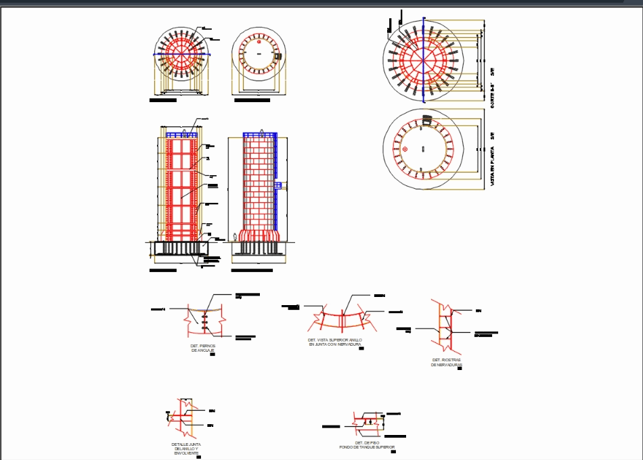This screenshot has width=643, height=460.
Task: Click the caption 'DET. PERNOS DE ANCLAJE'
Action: click(x=203, y=348)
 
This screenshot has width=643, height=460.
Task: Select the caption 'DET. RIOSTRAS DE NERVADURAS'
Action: click(x=446, y=362)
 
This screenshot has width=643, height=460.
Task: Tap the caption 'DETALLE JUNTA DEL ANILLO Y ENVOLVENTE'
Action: click(x=186, y=448)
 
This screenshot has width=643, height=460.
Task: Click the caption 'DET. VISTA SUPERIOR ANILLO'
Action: click(x=335, y=340)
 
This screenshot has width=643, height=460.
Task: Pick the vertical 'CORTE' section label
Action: click(x=493, y=95)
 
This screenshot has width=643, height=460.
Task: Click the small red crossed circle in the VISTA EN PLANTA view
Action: click(x=405, y=149)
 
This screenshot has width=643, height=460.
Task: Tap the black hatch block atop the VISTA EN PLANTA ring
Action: click(x=427, y=119)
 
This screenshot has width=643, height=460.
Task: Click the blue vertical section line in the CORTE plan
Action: click(x=424, y=61)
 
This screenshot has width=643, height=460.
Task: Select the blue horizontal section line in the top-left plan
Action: click(x=181, y=55)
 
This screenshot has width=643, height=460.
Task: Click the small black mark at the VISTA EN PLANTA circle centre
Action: click(x=424, y=148)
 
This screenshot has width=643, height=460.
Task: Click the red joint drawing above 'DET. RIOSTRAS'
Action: click(x=444, y=325)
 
